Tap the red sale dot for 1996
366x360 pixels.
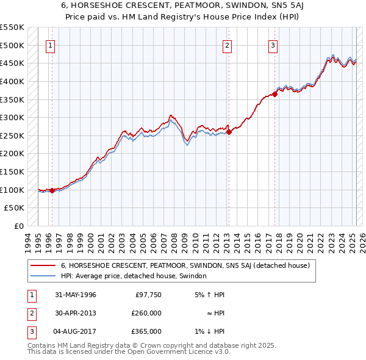52,190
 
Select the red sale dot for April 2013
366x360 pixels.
229,131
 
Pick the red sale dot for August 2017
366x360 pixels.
275,94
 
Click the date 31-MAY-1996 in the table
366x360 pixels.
75,295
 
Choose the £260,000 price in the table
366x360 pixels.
146,313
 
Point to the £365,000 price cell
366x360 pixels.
146,331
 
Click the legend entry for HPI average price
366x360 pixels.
134,276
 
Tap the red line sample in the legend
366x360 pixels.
43,265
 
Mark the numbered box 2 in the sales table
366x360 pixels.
31,313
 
